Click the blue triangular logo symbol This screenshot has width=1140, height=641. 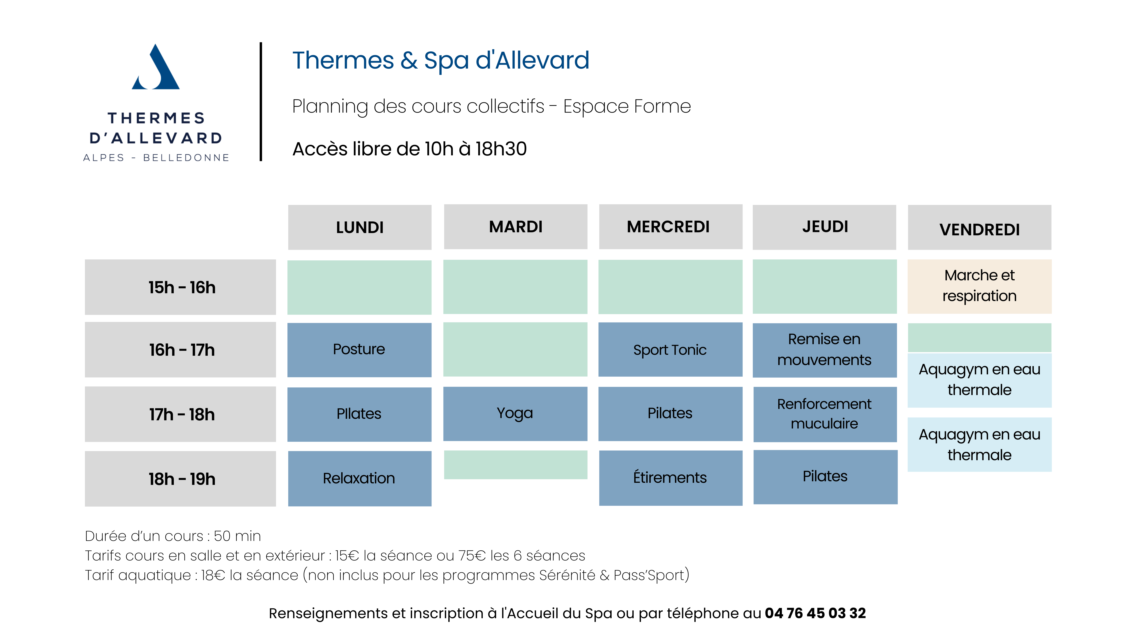click(x=156, y=67)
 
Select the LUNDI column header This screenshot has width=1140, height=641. click(x=359, y=227)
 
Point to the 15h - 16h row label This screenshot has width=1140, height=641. click(x=180, y=287)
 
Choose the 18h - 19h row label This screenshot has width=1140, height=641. click(x=180, y=479)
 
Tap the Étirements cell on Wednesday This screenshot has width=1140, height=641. click(x=671, y=478)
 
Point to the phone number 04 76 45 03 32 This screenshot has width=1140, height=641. click(x=815, y=613)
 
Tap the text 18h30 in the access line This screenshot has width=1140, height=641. click(x=501, y=149)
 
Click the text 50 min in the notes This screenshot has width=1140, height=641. click(x=237, y=536)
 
